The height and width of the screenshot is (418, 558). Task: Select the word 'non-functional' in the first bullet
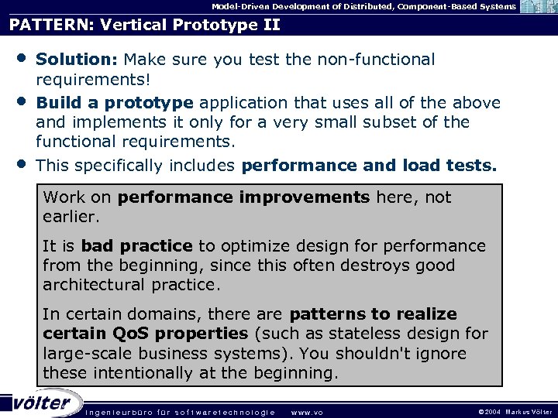click(381, 60)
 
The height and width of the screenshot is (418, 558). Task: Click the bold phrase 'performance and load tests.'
click(370, 165)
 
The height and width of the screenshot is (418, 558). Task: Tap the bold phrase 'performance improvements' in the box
click(244, 197)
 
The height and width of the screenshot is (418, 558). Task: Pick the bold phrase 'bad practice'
click(136, 246)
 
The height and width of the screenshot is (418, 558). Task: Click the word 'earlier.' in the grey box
click(71, 217)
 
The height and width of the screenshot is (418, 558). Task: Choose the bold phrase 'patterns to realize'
click(373, 314)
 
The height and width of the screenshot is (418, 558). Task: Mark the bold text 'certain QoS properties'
click(145, 334)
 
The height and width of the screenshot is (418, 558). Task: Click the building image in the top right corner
click(537, 7)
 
